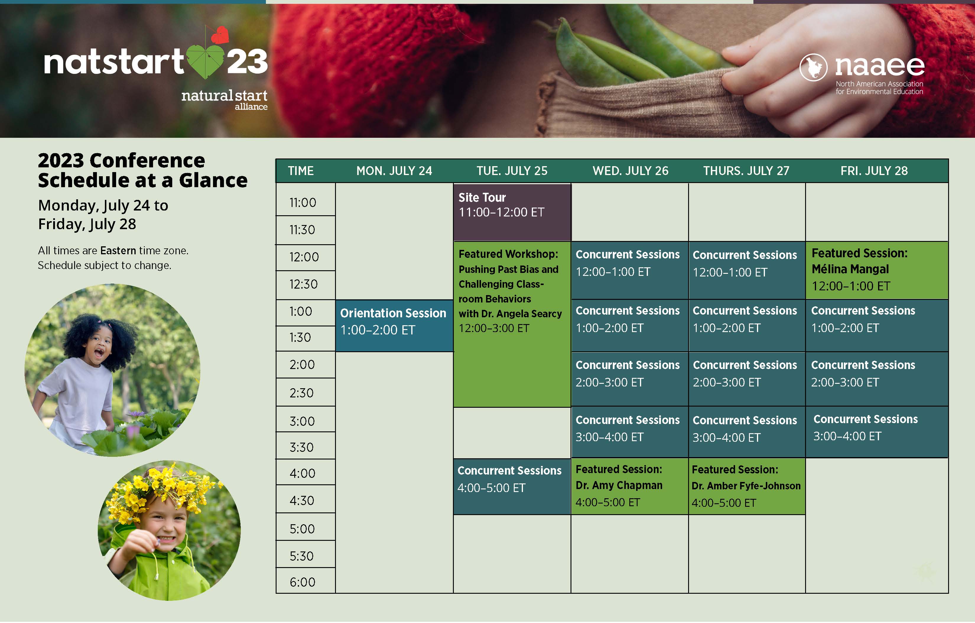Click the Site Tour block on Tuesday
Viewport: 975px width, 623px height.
[512, 212]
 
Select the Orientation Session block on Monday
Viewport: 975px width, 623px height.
[394, 326]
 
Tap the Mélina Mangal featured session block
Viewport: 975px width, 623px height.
[877, 270]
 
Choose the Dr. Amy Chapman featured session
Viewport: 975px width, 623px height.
[630, 486]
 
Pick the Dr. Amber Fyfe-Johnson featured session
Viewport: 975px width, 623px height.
[747, 486]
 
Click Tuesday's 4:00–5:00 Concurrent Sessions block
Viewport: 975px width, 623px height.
[512, 487]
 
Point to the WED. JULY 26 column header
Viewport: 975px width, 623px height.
[630, 171]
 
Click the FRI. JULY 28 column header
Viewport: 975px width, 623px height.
[874, 171]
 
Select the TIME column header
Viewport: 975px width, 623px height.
[301, 171]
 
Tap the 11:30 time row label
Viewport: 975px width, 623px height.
[302, 230]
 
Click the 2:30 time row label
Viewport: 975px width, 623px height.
[302, 393]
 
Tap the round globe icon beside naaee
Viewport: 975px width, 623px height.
[813, 67]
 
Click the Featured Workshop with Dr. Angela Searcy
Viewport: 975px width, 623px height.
[512, 324]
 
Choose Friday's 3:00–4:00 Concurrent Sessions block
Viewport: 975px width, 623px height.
[877, 432]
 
